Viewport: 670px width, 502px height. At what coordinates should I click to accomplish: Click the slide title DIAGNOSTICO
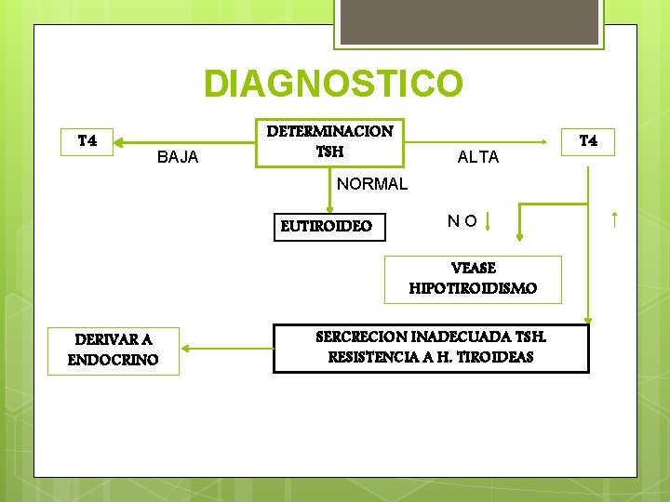333,84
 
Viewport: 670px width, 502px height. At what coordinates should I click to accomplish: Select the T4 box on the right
588,141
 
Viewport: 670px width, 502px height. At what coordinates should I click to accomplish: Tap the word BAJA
177,158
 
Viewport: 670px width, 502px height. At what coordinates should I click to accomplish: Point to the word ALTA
478,158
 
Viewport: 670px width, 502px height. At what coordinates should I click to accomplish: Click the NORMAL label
372,184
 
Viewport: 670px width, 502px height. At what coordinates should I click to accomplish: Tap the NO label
462,221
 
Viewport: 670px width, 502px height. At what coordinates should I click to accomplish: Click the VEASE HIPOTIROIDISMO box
473,279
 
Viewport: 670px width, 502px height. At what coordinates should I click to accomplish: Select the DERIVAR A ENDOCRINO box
113,349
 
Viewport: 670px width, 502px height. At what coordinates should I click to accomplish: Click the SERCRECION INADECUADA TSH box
430,349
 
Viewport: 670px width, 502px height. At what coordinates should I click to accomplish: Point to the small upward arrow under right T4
616,219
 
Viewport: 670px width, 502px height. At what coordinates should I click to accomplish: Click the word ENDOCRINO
113,360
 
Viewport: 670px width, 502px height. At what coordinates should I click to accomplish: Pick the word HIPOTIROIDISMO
473,288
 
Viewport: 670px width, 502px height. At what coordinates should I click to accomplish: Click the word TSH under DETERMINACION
329,151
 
